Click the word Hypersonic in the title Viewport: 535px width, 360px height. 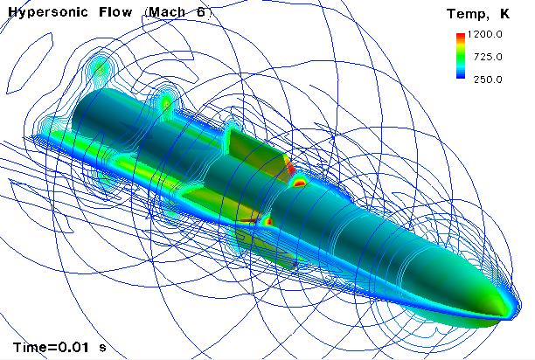click(48, 12)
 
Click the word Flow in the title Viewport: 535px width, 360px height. click(115, 12)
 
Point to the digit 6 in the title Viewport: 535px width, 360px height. click(201, 12)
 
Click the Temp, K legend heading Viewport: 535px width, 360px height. click(478, 14)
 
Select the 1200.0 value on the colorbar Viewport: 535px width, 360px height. click(484, 34)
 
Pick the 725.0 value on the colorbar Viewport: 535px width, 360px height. click(488, 57)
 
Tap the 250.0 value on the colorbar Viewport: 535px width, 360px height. click(488, 80)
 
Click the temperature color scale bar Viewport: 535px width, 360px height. click(461, 56)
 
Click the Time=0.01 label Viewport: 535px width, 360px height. click(51, 348)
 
